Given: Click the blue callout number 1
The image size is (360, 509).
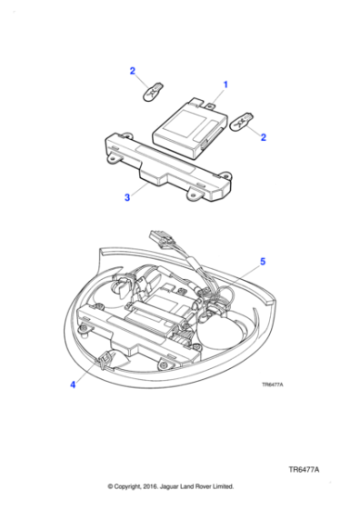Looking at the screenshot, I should coord(225,85).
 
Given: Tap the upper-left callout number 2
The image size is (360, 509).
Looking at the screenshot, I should coord(132,70).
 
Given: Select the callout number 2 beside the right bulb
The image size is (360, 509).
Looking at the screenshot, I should coord(263,137).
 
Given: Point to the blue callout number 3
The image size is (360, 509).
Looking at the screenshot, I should coord(128,195).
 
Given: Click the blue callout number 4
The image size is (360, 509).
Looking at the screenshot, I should coord(73,384).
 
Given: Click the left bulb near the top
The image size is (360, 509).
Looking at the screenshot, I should coord(153,91).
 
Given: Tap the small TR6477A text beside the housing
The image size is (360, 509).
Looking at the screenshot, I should coord(272,384).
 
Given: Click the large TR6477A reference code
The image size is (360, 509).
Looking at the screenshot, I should coord(304,471).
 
